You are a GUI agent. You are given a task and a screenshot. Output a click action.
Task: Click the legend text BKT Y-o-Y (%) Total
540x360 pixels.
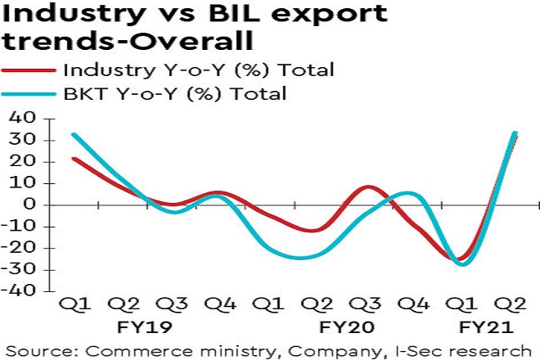[x=175, y=93]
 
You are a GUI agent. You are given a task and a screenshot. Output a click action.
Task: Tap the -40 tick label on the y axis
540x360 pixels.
[x=21, y=291]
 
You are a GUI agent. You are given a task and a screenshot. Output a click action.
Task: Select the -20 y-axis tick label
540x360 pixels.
[x=21, y=248]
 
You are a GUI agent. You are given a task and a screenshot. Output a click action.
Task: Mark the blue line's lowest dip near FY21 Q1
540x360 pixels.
[x=464, y=264]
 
